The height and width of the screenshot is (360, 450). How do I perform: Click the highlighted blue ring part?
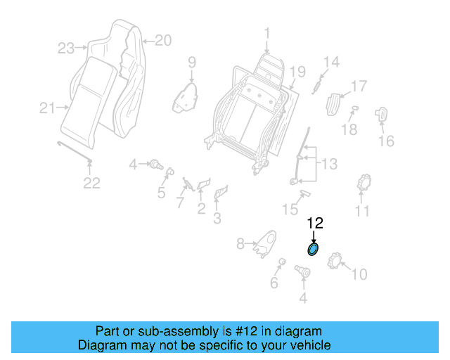pos(313,250)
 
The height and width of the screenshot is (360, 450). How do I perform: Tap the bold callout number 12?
pos(314,224)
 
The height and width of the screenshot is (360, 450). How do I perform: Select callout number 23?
pos(65,49)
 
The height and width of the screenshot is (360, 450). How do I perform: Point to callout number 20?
pos(162,41)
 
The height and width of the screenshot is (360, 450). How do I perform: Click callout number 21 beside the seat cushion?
pos(47,108)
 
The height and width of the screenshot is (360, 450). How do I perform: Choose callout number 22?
pos(91,184)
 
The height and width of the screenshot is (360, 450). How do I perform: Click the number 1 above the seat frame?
pos(267,32)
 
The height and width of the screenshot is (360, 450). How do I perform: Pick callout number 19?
pos(297,71)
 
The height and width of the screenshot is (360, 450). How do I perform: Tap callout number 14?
pos(330,62)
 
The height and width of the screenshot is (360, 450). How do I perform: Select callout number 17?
pos(359,86)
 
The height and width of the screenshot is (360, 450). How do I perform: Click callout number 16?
pos(386,141)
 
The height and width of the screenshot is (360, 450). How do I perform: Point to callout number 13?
pos(329,165)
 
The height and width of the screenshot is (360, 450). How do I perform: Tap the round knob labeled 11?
pos(364,184)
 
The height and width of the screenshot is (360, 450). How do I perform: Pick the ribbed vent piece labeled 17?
pos(335,104)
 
